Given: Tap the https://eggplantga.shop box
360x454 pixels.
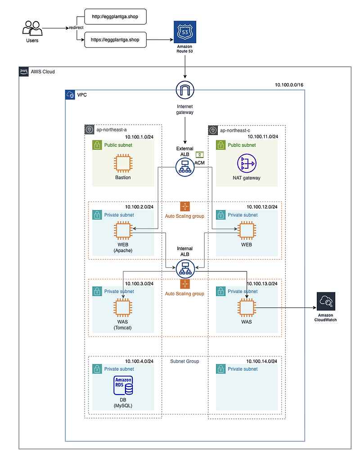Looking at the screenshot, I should [116, 40].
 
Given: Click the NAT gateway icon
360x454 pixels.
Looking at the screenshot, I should [246, 163].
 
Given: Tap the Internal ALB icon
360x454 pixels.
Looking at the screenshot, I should [185, 269].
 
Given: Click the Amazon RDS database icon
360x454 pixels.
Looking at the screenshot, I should [123, 386].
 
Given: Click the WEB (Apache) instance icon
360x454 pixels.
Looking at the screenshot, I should [123, 231].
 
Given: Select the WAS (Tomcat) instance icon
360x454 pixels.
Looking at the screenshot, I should [123, 308].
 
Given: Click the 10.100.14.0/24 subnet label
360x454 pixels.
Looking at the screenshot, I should [261, 361].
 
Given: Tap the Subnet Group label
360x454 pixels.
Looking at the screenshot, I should [184, 361].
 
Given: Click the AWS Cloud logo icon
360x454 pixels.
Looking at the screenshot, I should [24, 71].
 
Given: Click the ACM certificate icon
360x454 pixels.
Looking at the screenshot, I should [200, 154].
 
